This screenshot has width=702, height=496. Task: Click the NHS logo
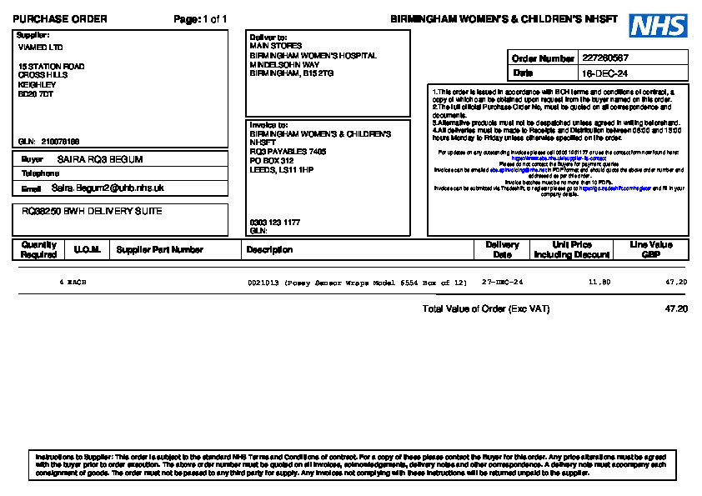[x=658, y=26]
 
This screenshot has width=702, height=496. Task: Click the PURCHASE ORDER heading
[x=60, y=19]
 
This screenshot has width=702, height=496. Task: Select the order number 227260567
[x=605, y=58]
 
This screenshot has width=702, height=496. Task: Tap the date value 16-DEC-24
[x=599, y=73]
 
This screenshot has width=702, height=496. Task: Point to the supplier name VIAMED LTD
[x=40, y=48]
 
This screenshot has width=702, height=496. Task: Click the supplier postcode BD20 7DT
[x=36, y=94]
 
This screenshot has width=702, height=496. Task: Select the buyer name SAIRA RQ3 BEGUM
[x=100, y=159]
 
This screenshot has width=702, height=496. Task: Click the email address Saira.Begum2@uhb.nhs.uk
[x=108, y=188]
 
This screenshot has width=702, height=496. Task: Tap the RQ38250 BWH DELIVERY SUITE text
[x=92, y=211]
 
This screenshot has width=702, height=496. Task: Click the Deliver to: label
[x=268, y=38]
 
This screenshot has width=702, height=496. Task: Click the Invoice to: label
[x=268, y=125]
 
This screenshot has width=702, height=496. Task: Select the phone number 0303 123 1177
[x=274, y=223]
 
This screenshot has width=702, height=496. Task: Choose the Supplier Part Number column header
[x=159, y=249]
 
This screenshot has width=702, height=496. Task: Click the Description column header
[x=270, y=249]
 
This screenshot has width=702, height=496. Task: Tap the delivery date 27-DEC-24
[x=503, y=283]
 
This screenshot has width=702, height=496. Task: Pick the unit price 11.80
[x=599, y=283]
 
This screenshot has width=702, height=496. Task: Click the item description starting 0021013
[x=357, y=283]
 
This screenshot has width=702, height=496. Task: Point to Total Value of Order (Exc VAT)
[x=486, y=309]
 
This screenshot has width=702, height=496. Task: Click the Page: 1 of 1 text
[x=200, y=19]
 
